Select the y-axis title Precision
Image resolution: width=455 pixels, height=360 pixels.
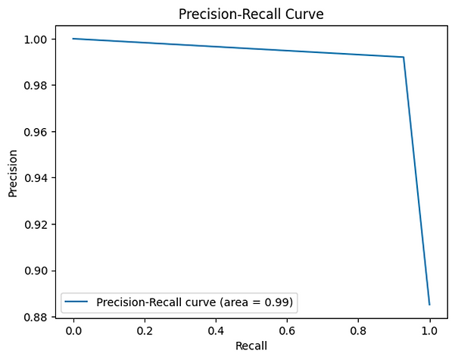(x=13, y=177)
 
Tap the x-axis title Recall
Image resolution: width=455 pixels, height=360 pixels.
(x=251, y=346)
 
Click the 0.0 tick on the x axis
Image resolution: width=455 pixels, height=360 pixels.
(x=73, y=330)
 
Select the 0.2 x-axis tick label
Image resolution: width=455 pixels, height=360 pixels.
(x=145, y=330)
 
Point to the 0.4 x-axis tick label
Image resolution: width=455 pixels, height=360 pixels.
(x=216, y=330)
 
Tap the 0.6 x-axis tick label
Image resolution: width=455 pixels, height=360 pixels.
(x=287, y=330)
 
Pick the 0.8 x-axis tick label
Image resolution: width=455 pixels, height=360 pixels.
(x=358, y=330)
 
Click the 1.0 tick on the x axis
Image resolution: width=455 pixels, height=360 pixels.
(x=429, y=330)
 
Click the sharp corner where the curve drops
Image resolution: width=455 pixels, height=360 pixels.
(x=404, y=57)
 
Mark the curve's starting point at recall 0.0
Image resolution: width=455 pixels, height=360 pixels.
(x=73, y=39)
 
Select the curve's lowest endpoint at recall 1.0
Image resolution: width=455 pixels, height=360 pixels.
(x=429, y=305)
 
